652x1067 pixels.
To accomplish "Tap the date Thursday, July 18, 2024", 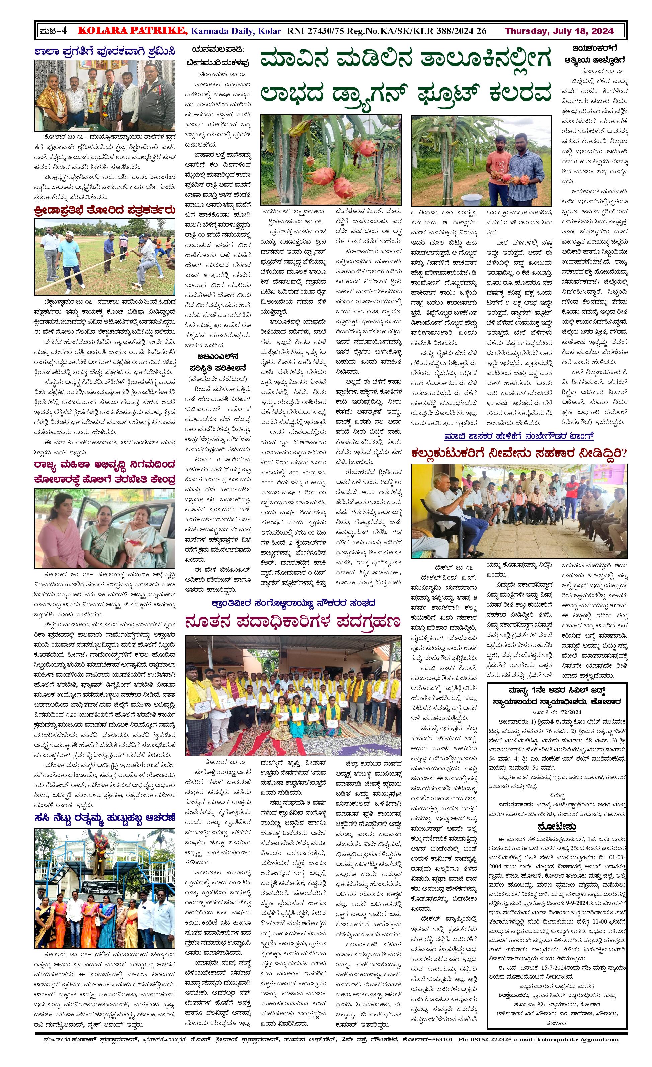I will pos(559,31).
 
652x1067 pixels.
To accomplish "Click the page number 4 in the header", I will pos(63,31).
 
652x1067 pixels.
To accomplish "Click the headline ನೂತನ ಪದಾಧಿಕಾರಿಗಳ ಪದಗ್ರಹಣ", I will pos(293,622).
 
